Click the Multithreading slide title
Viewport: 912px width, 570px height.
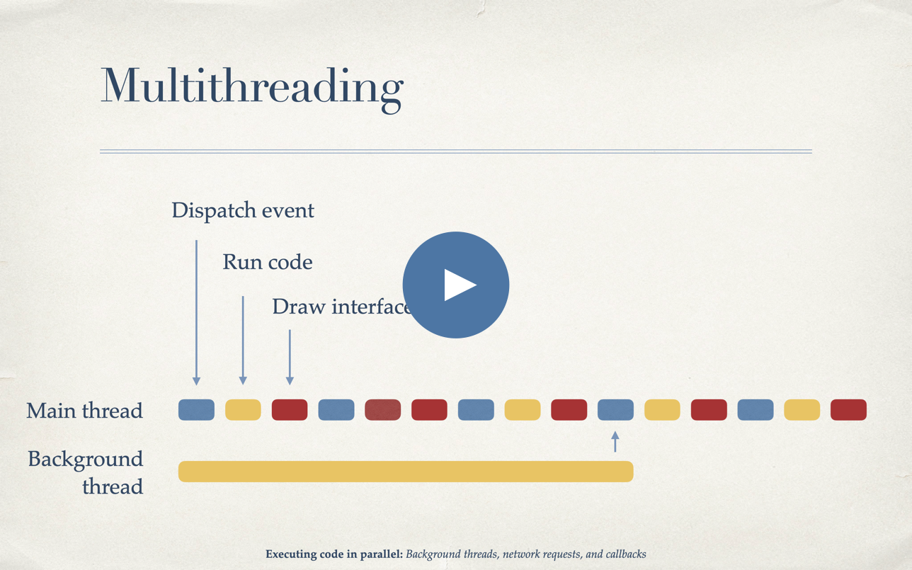252,88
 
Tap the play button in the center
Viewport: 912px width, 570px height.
455,285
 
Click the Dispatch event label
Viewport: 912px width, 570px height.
243,211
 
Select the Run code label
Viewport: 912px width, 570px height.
268,262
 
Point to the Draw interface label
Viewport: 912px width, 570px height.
342,307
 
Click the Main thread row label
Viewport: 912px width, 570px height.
85,411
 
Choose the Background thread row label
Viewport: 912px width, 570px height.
86,472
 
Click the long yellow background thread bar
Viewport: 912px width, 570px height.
406,472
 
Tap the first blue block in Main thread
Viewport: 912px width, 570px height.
196,409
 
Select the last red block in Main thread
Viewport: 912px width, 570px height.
848,409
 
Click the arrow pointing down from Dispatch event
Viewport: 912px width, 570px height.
196,313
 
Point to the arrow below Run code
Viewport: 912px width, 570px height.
243,341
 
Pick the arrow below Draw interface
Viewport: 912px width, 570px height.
290,358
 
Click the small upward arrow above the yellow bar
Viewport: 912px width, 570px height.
615,442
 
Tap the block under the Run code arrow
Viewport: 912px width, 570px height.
243,409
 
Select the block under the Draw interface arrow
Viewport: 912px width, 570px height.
290,409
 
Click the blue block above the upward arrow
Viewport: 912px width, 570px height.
615,409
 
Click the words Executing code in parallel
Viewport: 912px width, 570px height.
334,554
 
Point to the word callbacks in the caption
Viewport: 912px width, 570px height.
626,554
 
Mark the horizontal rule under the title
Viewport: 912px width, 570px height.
456,152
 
